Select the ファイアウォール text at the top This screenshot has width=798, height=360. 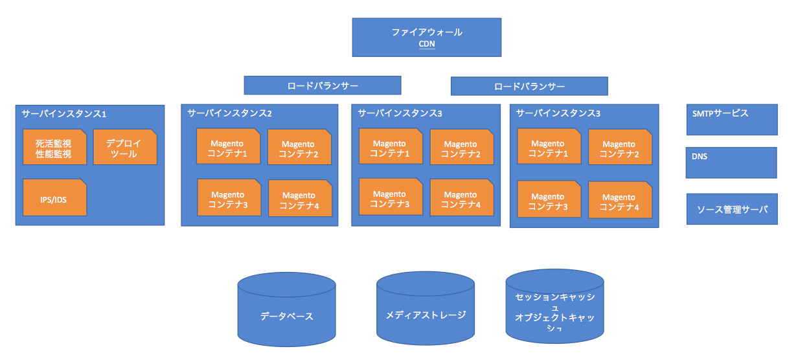427,32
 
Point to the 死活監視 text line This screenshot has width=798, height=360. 54,143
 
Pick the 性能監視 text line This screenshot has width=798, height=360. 54,154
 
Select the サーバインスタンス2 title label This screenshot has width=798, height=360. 229,113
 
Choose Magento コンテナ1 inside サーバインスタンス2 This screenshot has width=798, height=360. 228,148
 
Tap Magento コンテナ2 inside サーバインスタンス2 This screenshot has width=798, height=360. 299,149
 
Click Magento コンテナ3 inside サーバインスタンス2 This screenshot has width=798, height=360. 228,199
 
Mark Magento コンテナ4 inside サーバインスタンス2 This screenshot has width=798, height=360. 299,200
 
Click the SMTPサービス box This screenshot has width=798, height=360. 731,119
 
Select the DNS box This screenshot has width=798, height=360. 731,162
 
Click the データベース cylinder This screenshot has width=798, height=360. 286,316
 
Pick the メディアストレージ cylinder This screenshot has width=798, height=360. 426,315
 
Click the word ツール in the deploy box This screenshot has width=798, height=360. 124,154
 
